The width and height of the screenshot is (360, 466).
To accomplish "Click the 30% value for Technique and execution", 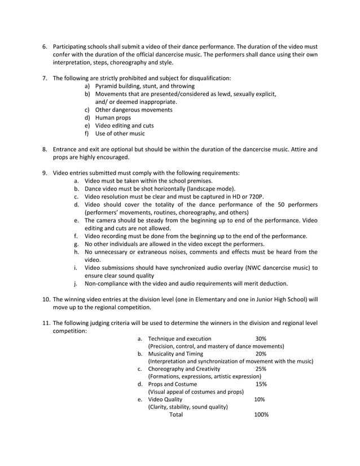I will pyautogui.click(x=261, y=338).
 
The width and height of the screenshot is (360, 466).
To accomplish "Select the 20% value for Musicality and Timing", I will pyautogui.click(x=261, y=354).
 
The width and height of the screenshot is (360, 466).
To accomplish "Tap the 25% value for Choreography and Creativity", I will pyautogui.click(x=261, y=369).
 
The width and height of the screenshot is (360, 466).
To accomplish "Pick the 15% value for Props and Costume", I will pyautogui.click(x=261, y=384).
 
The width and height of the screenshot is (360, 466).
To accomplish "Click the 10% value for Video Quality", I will pyautogui.click(x=260, y=399).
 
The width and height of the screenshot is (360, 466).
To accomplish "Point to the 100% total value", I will pyautogui.click(x=262, y=415).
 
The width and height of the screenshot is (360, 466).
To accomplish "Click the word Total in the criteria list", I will pyautogui.click(x=176, y=415).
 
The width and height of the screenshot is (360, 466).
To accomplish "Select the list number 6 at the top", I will pyautogui.click(x=45, y=46).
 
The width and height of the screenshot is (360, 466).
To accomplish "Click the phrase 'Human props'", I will pyautogui.click(x=113, y=118).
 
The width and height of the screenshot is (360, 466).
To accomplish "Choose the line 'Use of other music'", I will pyautogui.click(x=120, y=134).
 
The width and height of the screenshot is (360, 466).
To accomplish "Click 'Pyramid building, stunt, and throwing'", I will pyautogui.click(x=144, y=86).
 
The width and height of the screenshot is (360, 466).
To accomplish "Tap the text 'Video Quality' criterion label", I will pyautogui.click(x=165, y=399).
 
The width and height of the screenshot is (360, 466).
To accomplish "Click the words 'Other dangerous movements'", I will pyautogui.click(x=134, y=110).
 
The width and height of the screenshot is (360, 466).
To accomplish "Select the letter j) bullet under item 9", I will pyautogui.click(x=76, y=283).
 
